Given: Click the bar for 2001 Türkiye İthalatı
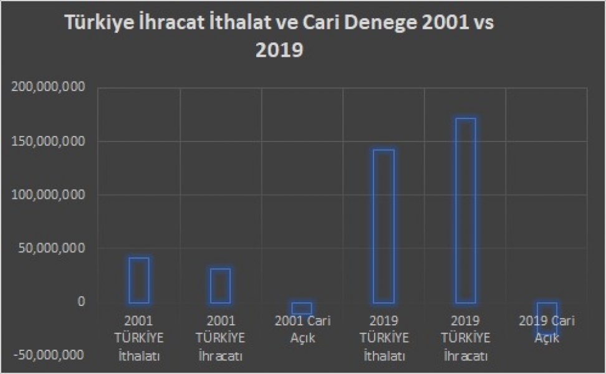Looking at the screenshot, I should (x=139, y=280).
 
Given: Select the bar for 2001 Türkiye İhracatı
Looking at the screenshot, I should (x=220, y=286).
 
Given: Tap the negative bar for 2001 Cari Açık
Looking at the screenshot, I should (x=302, y=308).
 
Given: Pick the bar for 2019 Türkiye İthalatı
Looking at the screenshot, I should (x=383, y=226).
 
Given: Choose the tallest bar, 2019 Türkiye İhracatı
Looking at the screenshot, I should (x=465, y=211).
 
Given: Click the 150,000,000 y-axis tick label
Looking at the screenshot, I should (x=47, y=141).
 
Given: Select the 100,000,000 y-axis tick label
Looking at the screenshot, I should (x=47, y=195).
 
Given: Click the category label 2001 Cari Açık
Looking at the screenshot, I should (x=302, y=328).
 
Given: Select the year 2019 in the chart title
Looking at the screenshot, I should (x=279, y=50).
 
